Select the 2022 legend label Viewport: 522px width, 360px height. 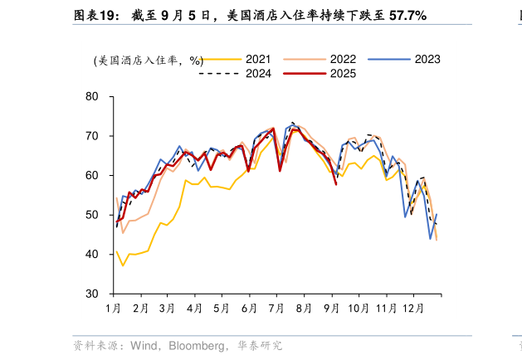tap(343, 59)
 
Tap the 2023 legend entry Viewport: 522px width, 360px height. tap(427, 59)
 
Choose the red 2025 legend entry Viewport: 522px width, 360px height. tap(343, 73)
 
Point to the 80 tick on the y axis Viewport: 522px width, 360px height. tap(92, 96)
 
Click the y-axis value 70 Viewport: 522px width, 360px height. tap(92, 136)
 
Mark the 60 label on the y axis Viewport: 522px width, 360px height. tap(92, 175)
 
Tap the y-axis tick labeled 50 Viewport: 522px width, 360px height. tap(92, 215)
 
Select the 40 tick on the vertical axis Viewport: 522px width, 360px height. tap(92, 255)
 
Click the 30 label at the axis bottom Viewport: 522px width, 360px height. tap(92, 294)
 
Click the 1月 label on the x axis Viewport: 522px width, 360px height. tap(115, 309)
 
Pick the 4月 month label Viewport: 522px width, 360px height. tap(194, 309)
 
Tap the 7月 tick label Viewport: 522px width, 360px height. tap(276, 309)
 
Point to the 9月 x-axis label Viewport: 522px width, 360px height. tap(330, 309)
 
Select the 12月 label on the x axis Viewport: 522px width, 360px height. tap(413, 309)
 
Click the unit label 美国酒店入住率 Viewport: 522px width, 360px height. tap(137, 61)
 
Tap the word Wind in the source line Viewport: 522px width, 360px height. tap(143, 345)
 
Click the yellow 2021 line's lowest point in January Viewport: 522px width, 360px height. tap(123, 265)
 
